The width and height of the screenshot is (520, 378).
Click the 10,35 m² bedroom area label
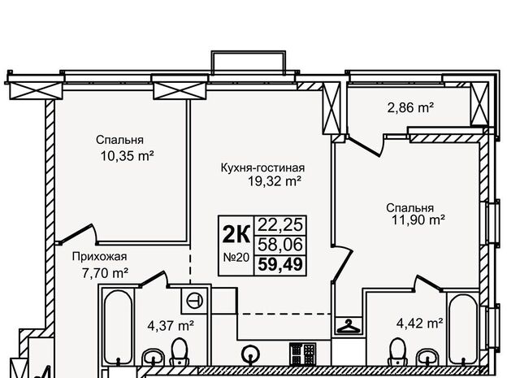coord(127,155)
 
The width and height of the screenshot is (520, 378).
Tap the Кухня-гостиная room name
coord(262,167)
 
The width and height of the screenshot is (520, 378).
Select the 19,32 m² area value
coord(275,181)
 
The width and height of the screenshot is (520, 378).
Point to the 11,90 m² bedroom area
coord(418,219)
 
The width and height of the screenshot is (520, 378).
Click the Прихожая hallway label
coord(99,257)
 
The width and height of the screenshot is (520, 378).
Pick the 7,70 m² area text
coord(105,273)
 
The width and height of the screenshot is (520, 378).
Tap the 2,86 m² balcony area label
coord(410,108)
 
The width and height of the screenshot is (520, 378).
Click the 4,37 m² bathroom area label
coord(171,325)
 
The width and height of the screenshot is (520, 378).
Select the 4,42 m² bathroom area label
coord(420,323)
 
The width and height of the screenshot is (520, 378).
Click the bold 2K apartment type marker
coord(236,234)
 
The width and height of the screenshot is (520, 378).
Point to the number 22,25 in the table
coord(280,225)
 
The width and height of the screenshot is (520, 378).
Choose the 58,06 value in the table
coord(280,245)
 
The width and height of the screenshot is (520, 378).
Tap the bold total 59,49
coord(280,264)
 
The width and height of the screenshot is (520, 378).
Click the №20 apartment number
coord(236,258)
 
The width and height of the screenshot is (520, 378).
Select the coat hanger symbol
coord(349,326)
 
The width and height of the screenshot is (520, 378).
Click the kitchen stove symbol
coord(303,354)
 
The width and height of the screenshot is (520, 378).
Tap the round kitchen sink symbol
coord(251,355)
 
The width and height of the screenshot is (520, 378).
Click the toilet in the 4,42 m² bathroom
coord(397,352)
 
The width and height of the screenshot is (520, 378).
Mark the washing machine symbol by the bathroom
coord(194,301)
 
